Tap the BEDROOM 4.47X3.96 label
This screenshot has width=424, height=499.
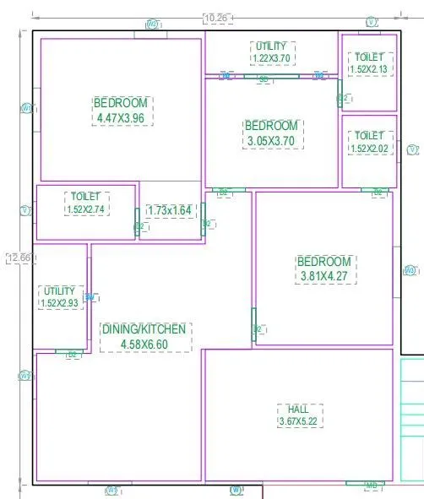pyautogui.click(x=122, y=111)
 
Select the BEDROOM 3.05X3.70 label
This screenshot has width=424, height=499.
pyautogui.click(x=271, y=133)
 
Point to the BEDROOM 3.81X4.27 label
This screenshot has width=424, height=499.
pyautogui.click(x=323, y=268)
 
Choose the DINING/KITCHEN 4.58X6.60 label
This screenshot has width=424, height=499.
pyautogui.click(x=144, y=336)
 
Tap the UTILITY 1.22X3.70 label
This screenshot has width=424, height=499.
pyautogui.click(x=273, y=52)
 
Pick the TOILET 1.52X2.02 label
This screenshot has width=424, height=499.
pyautogui.click(x=369, y=142)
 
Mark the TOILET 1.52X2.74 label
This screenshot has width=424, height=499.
pyautogui.click(x=86, y=203)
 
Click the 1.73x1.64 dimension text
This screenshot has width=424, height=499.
pyautogui.click(x=170, y=210)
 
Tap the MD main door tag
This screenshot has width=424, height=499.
pyautogui.click(x=371, y=485)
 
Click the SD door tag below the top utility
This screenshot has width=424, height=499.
pyautogui.click(x=264, y=79)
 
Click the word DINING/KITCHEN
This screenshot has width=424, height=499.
pyautogui.click(x=144, y=329)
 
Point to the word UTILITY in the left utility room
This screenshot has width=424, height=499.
pyautogui.click(x=59, y=290)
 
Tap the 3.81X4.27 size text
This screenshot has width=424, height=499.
pyautogui.click(x=323, y=275)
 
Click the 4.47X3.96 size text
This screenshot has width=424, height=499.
pyautogui.click(x=122, y=118)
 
